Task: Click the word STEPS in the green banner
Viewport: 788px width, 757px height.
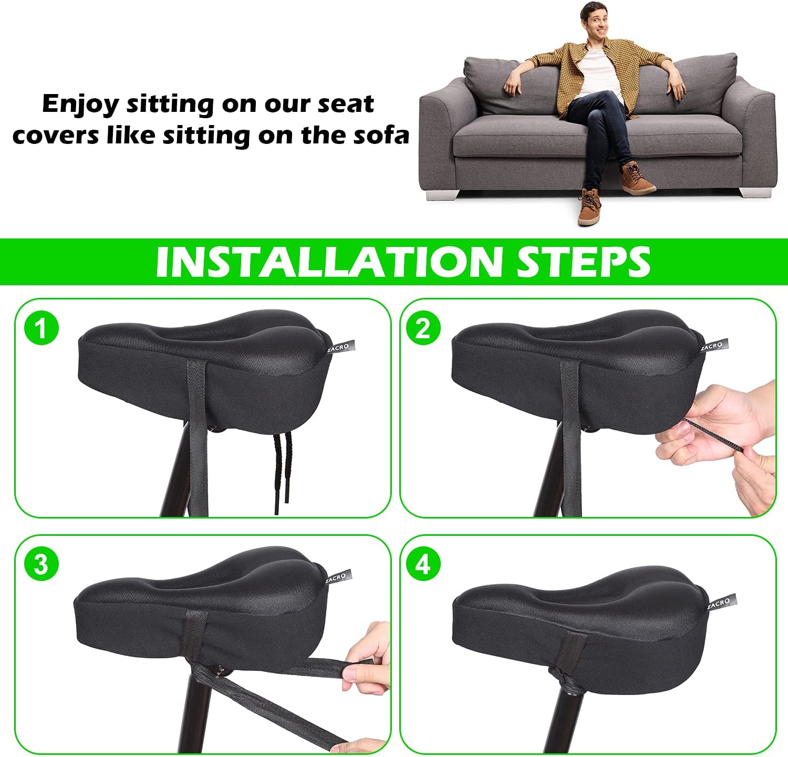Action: point(584,261)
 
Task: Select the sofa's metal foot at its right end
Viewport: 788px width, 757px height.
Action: point(756,192)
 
